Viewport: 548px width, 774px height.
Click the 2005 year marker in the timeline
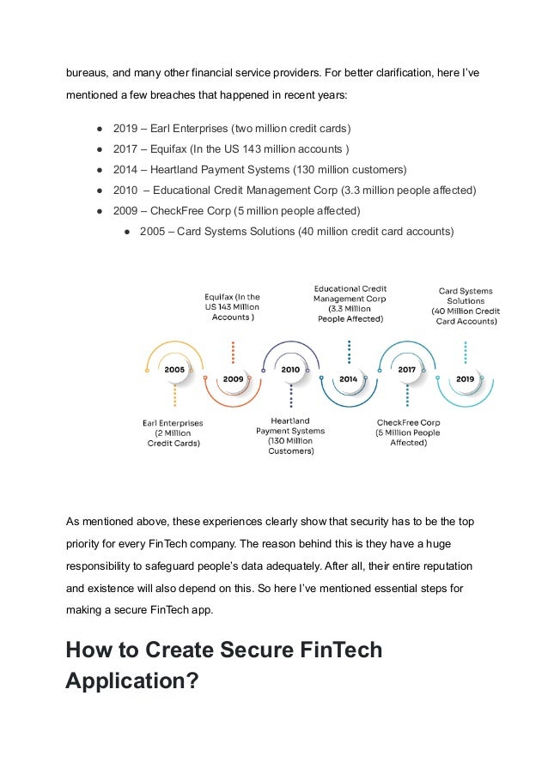click(175, 369)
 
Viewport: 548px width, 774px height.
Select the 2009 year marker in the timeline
click(233, 378)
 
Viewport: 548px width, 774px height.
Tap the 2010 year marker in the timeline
click(290, 369)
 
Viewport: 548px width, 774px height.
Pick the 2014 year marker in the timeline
click(348, 378)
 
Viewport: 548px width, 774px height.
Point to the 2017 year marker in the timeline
click(406, 369)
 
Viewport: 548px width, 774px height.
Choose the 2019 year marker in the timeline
click(465, 378)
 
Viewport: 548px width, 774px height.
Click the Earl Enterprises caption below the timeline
click(174, 432)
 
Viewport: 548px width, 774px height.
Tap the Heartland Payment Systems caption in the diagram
click(290, 436)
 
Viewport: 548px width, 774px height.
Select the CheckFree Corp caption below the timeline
click(408, 432)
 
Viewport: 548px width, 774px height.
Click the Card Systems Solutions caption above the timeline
click(465, 305)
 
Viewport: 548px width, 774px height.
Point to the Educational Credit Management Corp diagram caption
click(350, 303)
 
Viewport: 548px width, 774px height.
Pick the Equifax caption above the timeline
click(232, 306)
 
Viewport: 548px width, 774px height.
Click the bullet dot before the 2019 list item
click(100, 129)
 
